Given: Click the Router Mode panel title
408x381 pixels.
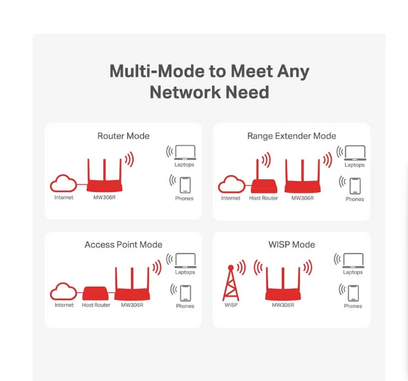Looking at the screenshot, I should (x=123, y=136).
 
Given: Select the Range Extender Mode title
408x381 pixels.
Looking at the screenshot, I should (x=291, y=136).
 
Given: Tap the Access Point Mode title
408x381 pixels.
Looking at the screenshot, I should (x=123, y=245).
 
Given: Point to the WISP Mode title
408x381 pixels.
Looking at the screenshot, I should (x=291, y=245).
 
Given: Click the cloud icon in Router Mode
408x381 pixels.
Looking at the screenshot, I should (x=64, y=184).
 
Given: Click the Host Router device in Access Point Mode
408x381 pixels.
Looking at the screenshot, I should (x=96, y=293).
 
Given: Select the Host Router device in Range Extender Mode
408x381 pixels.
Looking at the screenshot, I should (x=263, y=185).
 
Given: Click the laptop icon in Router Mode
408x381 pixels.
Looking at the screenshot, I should (x=185, y=152).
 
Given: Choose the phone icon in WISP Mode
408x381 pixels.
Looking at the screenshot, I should (x=353, y=293).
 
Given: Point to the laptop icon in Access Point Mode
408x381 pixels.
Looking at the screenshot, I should (x=185, y=260).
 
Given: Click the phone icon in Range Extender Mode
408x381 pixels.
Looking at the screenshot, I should (x=355, y=186).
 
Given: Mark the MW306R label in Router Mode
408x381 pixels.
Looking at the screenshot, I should (x=104, y=198).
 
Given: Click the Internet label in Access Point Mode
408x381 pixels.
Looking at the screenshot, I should (x=64, y=305).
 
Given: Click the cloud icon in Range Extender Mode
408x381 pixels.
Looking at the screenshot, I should (x=231, y=185).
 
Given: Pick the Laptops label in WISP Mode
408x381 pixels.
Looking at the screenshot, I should (x=353, y=272).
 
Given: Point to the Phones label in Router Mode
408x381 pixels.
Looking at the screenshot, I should (x=184, y=199).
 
